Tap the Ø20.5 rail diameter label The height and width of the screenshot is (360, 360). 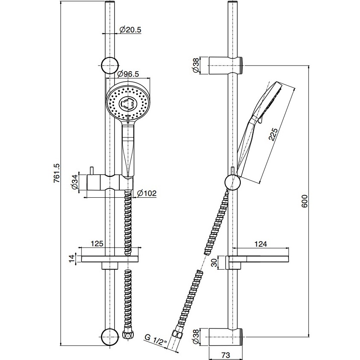130,29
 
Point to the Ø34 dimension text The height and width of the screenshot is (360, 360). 75,182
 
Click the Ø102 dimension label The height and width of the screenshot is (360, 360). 147,193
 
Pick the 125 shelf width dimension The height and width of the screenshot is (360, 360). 98,244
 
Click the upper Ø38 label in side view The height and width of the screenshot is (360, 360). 196,66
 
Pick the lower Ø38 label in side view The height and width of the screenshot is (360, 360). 196,337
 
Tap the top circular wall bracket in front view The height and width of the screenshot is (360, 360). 110,66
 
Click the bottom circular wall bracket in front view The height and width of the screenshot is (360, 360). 110,337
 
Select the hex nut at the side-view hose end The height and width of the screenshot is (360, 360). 176,334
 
